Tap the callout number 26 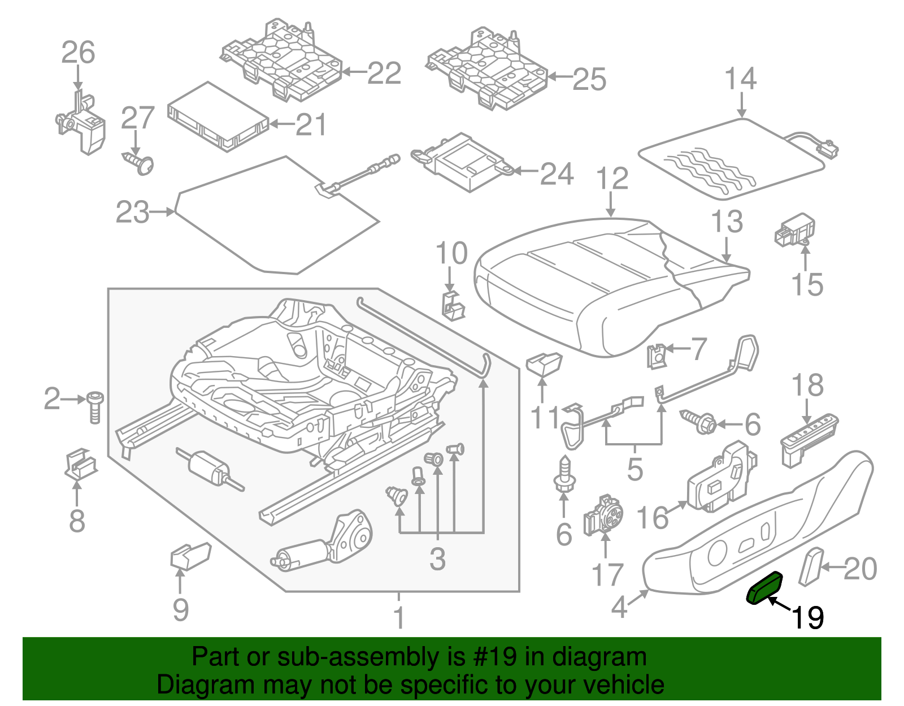click(78, 53)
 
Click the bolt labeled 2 click(95, 406)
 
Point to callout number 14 click(740, 79)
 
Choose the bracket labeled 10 click(451, 305)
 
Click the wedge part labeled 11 click(544, 363)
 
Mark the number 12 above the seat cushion click(612, 179)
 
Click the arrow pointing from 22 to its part click(354, 72)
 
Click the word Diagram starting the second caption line click(205, 685)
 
